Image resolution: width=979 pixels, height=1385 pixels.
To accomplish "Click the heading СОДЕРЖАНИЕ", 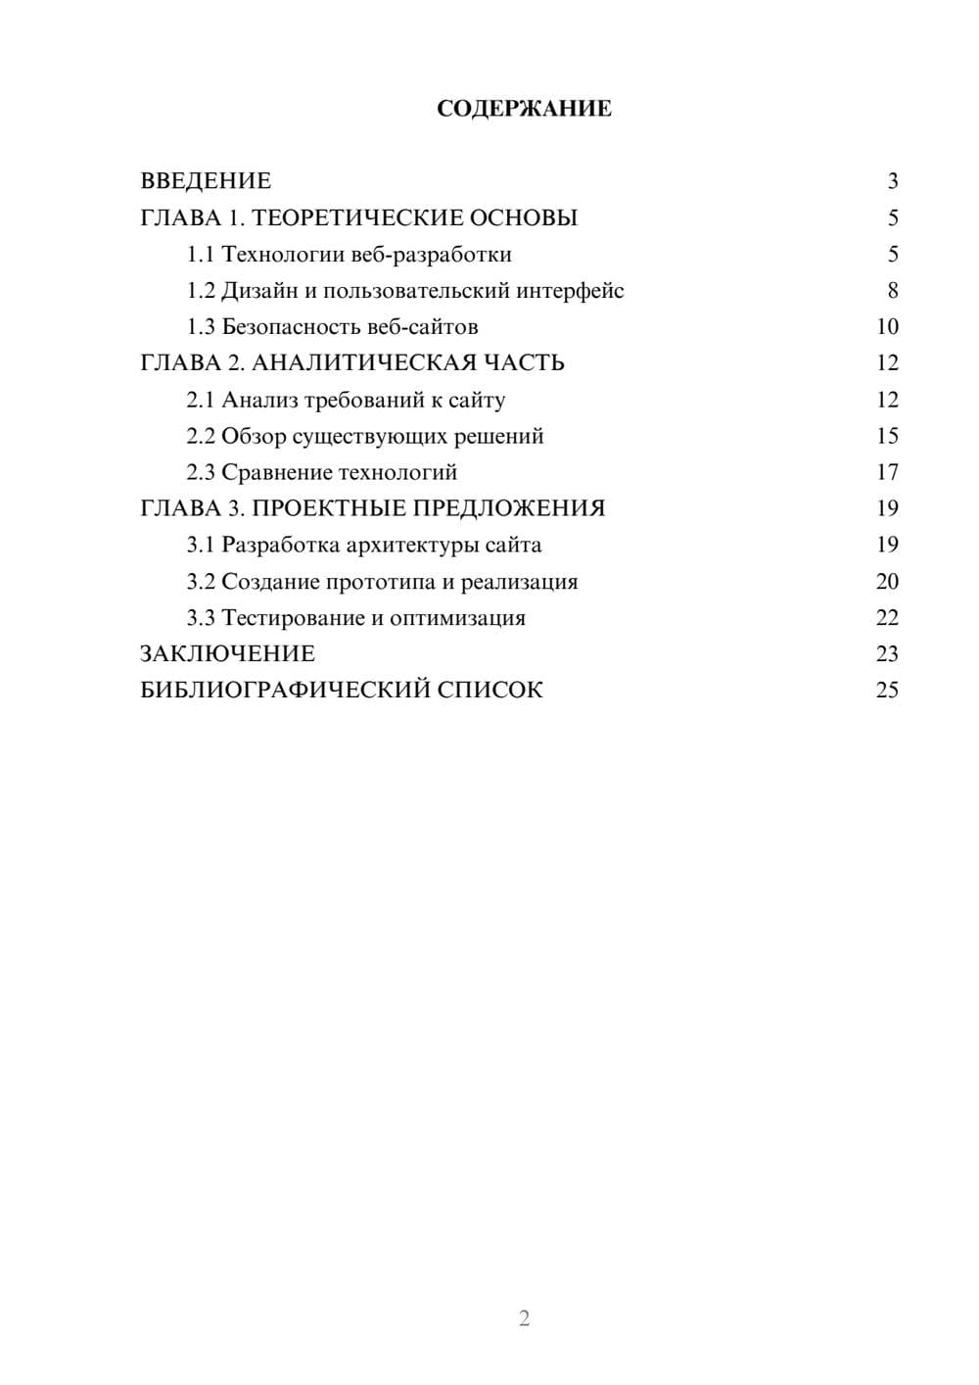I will pyautogui.click(x=524, y=109).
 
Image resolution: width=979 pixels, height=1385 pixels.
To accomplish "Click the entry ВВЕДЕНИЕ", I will pyautogui.click(x=206, y=181).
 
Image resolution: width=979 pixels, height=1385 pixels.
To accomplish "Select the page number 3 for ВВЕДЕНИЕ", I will pyautogui.click(x=893, y=181).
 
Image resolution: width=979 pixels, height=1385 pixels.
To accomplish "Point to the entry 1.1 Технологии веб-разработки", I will pyautogui.click(x=350, y=255).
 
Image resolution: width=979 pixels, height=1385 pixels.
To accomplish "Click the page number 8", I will pyautogui.click(x=893, y=291).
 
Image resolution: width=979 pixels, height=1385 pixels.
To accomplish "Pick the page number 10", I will pyautogui.click(x=887, y=327).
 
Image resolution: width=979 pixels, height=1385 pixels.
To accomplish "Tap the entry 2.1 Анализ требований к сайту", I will pyautogui.click(x=346, y=400).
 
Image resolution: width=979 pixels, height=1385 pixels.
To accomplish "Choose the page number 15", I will pyautogui.click(x=887, y=436).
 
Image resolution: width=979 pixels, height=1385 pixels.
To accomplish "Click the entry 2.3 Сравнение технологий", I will pyautogui.click(x=322, y=472).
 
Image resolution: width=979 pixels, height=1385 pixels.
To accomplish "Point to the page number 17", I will pyautogui.click(x=887, y=472).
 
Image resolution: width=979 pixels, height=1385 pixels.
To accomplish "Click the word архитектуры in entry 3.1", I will pyautogui.click(x=412, y=545).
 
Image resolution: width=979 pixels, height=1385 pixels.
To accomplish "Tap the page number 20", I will pyautogui.click(x=887, y=582).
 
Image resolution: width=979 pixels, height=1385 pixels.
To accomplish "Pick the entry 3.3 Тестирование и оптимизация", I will pyautogui.click(x=356, y=618).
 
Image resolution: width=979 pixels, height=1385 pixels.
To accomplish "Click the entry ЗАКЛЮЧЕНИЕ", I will pyautogui.click(x=228, y=654).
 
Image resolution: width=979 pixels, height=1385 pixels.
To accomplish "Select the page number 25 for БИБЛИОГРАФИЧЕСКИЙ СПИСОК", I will pyautogui.click(x=887, y=691).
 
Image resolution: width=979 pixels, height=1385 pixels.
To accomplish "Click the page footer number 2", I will pyautogui.click(x=524, y=1318).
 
